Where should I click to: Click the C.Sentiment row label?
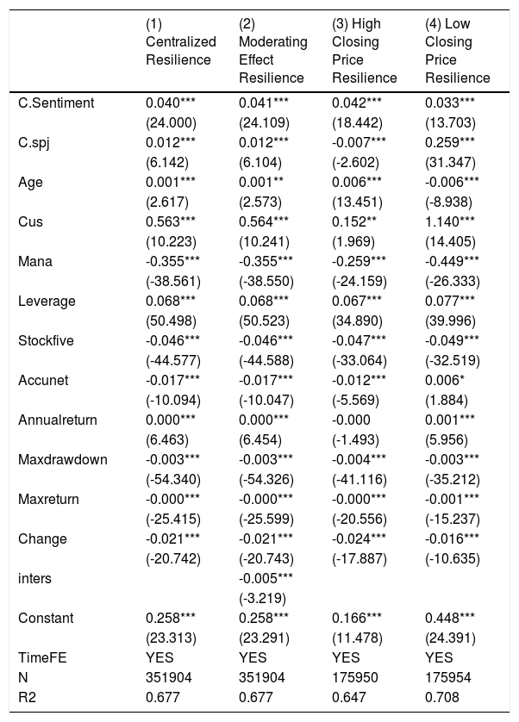56,103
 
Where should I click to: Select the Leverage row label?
47,302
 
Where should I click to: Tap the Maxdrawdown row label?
63,459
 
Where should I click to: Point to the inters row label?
34,578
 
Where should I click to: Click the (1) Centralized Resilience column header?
181,41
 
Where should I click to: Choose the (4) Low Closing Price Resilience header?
457,51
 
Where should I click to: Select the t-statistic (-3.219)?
262,598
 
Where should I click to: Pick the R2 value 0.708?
442,697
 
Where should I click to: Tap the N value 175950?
355,677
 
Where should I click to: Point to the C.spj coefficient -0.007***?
359,142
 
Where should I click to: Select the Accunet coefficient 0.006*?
442,380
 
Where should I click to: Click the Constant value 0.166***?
356,618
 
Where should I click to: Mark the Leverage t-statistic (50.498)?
171,321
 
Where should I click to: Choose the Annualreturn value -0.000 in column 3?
351,420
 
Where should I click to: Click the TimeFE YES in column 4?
439,657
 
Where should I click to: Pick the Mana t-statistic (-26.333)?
452,282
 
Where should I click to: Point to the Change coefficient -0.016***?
452,538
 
